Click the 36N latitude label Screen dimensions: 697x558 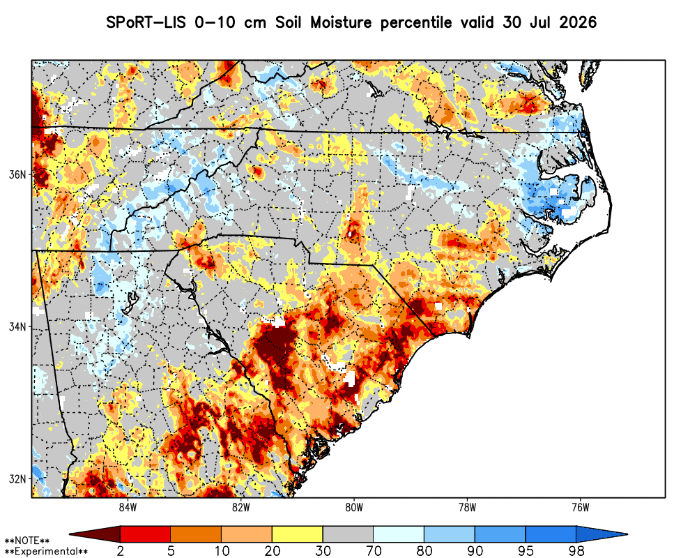tap(18, 174)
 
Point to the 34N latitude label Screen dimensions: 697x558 tap(18, 327)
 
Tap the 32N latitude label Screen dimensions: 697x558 tap(18, 479)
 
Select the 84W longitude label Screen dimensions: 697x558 tap(128, 508)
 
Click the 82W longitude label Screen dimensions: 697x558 tap(241, 508)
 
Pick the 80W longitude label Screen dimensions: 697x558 tap(354, 508)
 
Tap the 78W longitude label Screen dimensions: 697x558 tap(467, 508)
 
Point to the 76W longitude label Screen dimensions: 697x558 tap(581, 508)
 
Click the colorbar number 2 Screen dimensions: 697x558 tap(121, 551)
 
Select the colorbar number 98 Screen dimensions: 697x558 tap(576, 551)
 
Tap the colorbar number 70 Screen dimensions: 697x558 tap(374, 551)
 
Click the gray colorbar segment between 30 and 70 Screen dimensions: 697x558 tap(348, 534)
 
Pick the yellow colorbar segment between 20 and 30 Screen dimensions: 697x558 tap(298, 534)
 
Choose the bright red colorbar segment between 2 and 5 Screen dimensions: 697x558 tap(146, 534)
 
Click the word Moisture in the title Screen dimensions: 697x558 tap(341, 22)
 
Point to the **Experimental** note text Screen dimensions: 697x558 tap(46, 552)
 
